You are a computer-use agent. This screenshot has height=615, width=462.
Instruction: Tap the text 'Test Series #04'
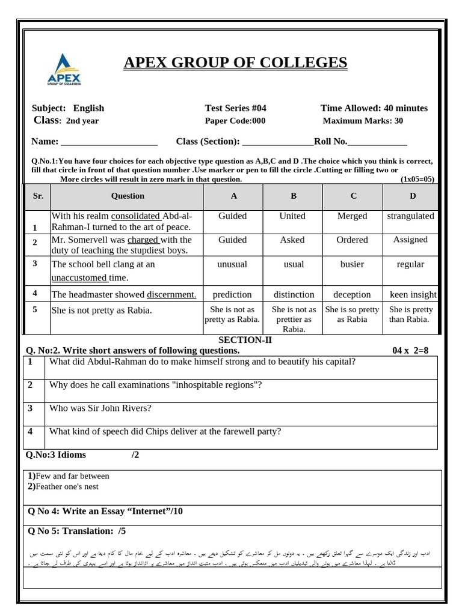click(x=235, y=108)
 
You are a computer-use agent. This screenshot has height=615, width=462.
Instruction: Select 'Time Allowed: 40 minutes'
click(x=374, y=108)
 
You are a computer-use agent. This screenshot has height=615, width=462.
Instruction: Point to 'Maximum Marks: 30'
click(x=363, y=121)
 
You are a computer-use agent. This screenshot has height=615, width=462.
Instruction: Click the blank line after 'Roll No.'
click(x=377, y=143)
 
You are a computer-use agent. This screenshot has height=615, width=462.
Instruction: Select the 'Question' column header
click(x=128, y=196)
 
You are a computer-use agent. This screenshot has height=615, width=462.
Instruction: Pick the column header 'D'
click(x=412, y=196)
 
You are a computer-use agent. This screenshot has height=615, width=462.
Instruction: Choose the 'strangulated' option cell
click(x=410, y=216)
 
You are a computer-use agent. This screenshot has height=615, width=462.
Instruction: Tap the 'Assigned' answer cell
click(x=410, y=240)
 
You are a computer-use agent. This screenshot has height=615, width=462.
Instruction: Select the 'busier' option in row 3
click(x=353, y=264)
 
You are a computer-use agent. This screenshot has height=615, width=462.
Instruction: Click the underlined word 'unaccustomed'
click(x=79, y=277)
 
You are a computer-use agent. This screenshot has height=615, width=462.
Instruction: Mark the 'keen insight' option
click(x=413, y=294)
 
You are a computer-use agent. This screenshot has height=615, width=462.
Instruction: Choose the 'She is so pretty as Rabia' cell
click(x=352, y=315)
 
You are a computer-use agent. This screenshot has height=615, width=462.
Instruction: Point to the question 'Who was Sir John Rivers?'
click(x=100, y=408)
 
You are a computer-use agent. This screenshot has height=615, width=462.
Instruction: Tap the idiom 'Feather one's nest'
click(x=66, y=486)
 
